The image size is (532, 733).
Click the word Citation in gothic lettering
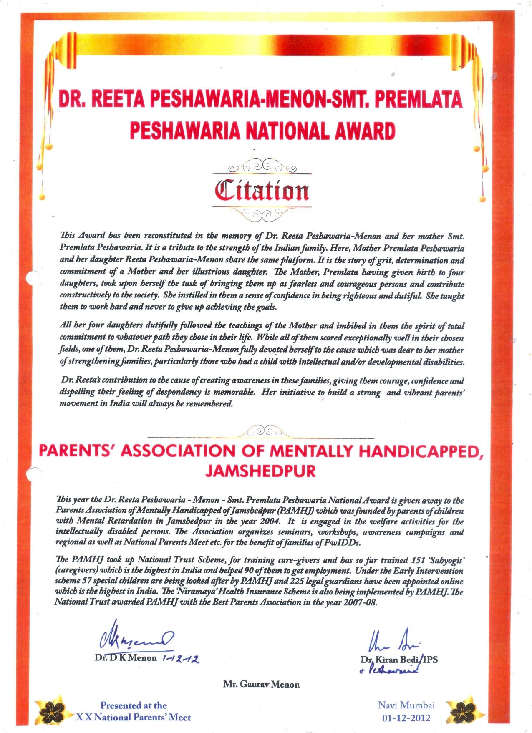point(262,191)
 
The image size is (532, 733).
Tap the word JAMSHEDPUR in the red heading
point(260,471)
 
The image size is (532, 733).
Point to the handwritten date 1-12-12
point(180,659)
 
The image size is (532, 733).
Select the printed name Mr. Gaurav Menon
point(261,684)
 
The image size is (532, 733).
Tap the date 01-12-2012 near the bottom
point(406,718)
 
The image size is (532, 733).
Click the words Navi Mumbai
point(406,705)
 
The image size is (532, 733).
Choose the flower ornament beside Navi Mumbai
point(465,710)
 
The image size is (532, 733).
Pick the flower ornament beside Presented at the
point(52,710)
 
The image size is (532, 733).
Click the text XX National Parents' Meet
point(133,718)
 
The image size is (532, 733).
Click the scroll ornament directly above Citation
point(262,166)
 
